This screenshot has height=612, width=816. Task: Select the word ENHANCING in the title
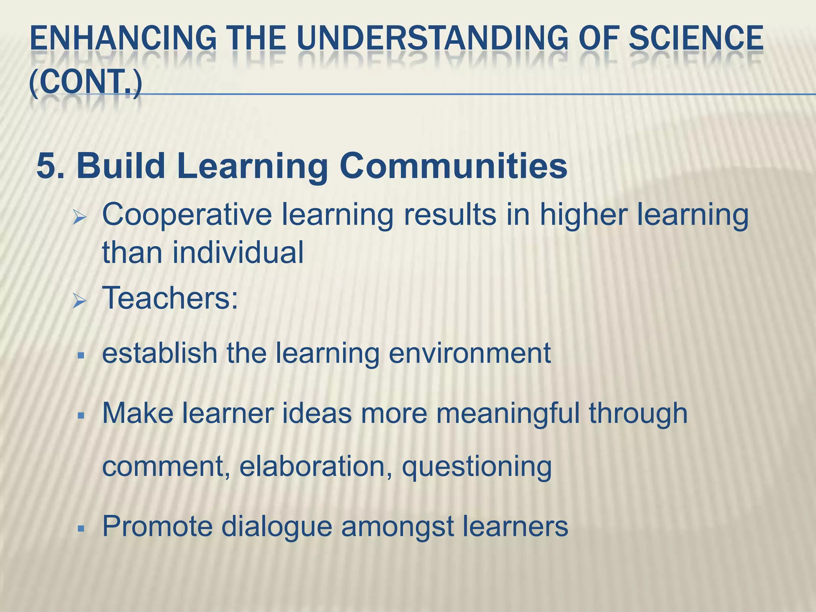pos(123,39)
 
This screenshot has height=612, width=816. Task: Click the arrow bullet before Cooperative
pos(80,218)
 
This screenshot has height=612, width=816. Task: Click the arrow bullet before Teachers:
pos(80,302)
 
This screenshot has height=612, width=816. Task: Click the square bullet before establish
pos(81,355)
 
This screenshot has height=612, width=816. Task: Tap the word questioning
pos(477,467)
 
